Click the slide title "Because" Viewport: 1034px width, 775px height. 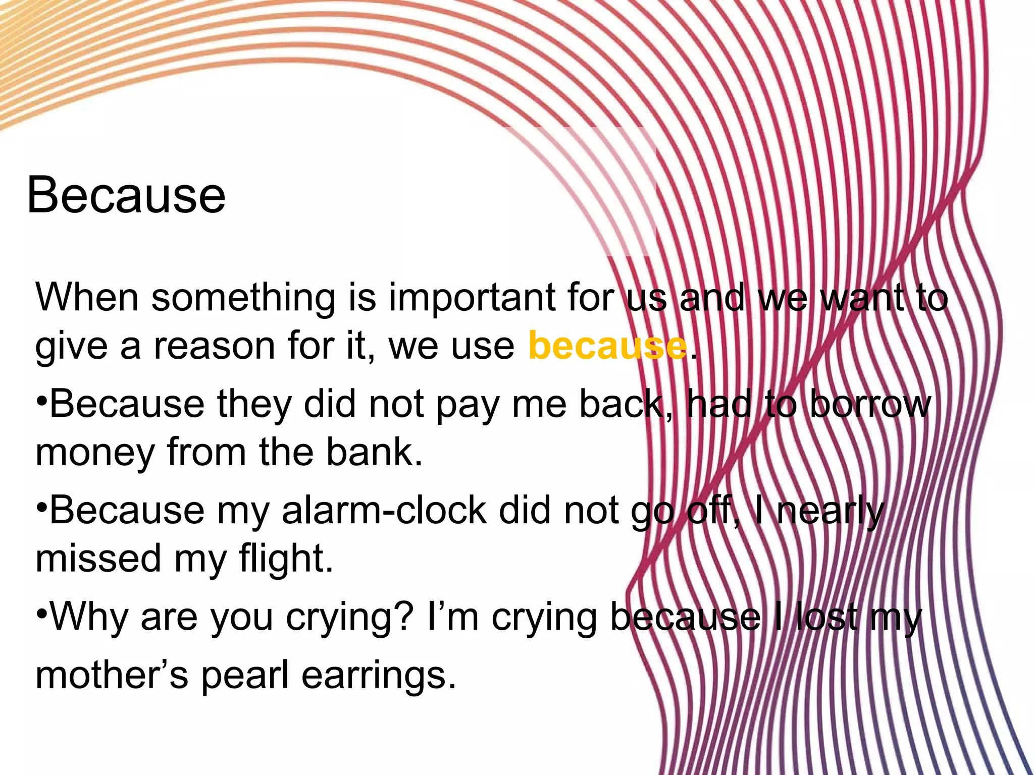126,195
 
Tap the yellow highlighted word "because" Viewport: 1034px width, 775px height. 607,346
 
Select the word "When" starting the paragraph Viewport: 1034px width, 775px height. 87,297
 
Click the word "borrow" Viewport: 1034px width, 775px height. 870,404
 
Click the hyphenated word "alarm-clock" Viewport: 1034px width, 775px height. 384,510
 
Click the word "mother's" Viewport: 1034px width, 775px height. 112,675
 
